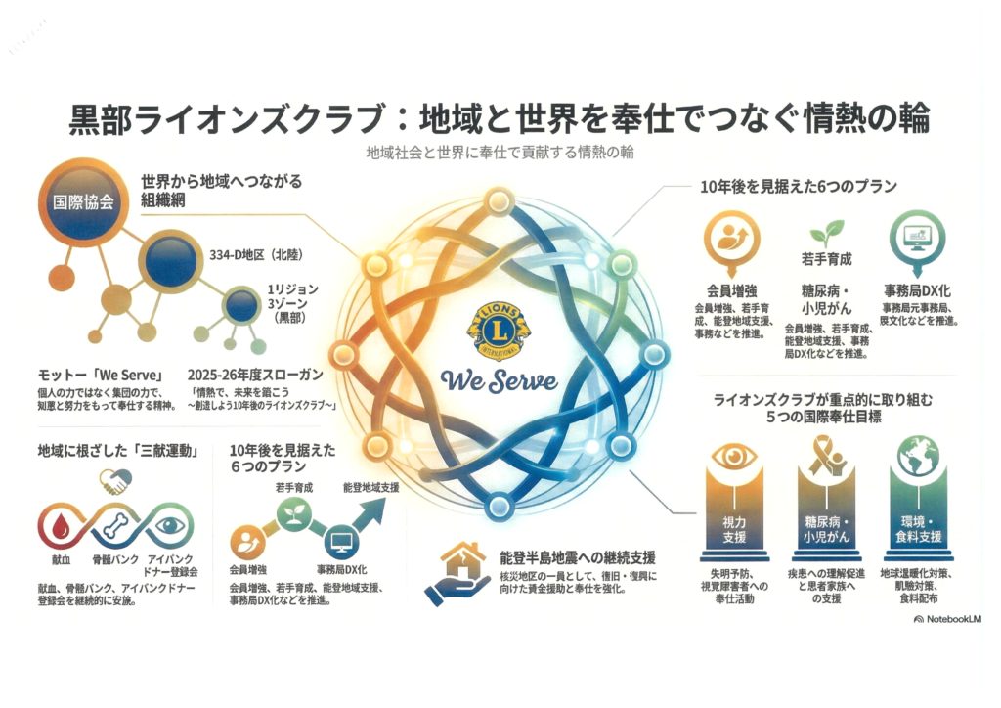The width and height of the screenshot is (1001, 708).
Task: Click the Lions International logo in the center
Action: click(500, 331)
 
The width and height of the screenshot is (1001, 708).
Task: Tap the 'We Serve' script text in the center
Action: click(500, 378)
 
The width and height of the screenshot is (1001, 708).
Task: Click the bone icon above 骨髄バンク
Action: click(114, 526)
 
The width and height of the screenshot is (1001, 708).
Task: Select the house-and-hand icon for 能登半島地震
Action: click(455, 572)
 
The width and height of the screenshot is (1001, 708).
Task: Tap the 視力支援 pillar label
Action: click(728, 529)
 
